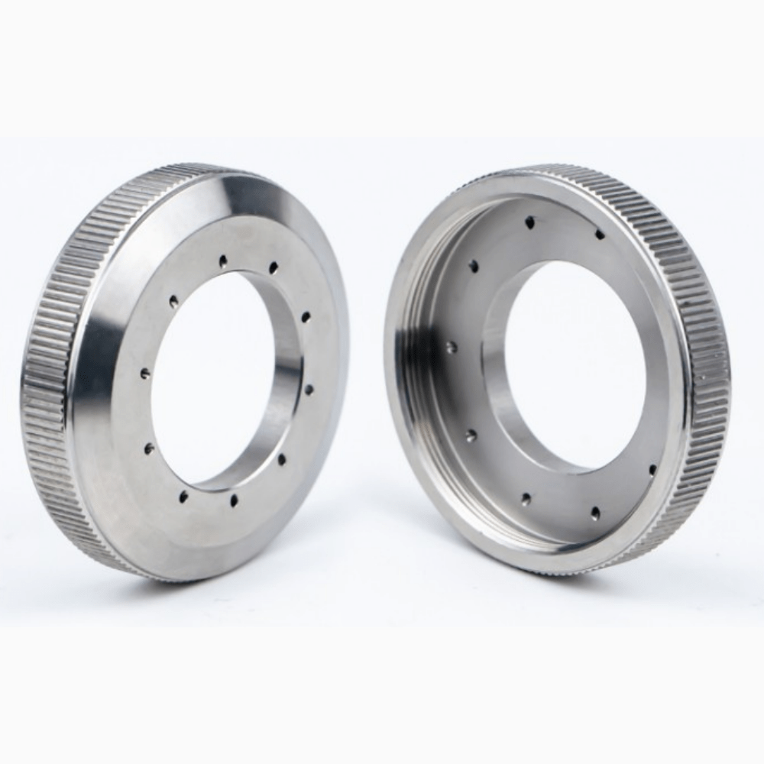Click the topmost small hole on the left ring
pyautogui.click(x=223, y=261)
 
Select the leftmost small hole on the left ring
pyautogui.click(x=145, y=374)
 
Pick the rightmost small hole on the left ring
pyautogui.click(x=309, y=390)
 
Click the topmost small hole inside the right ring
pyautogui.click(x=529, y=222)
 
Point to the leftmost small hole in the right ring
pyautogui.click(x=452, y=347)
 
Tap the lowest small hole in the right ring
pyautogui.click(x=594, y=512)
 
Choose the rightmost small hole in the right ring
pyautogui.click(x=652, y=469)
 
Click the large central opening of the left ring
pyautogui.click(x=214, y=378)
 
